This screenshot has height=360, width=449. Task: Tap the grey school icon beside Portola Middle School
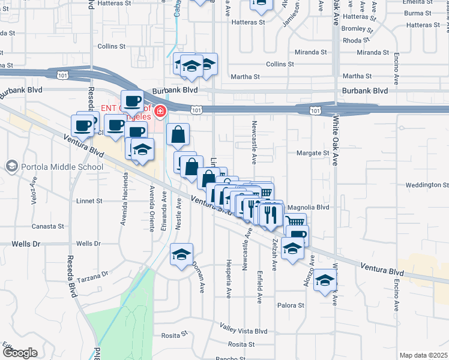[x=11, y=166]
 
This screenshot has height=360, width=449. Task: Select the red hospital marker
[x=160, y=111]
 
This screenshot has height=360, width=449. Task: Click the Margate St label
[x=313, y=153]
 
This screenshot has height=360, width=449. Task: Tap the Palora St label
[x=291, y=305]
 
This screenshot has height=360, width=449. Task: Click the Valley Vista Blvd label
[x=243, y=331]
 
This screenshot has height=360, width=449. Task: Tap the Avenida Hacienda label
[x=126, y=194]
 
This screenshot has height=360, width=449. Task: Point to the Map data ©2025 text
[x=424, y=356]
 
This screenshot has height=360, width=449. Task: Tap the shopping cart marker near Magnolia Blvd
[x=295, y=223]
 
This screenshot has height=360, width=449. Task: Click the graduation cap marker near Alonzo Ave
[x=325, y=280]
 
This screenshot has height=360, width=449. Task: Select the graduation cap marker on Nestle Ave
[x=181, y=256]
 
